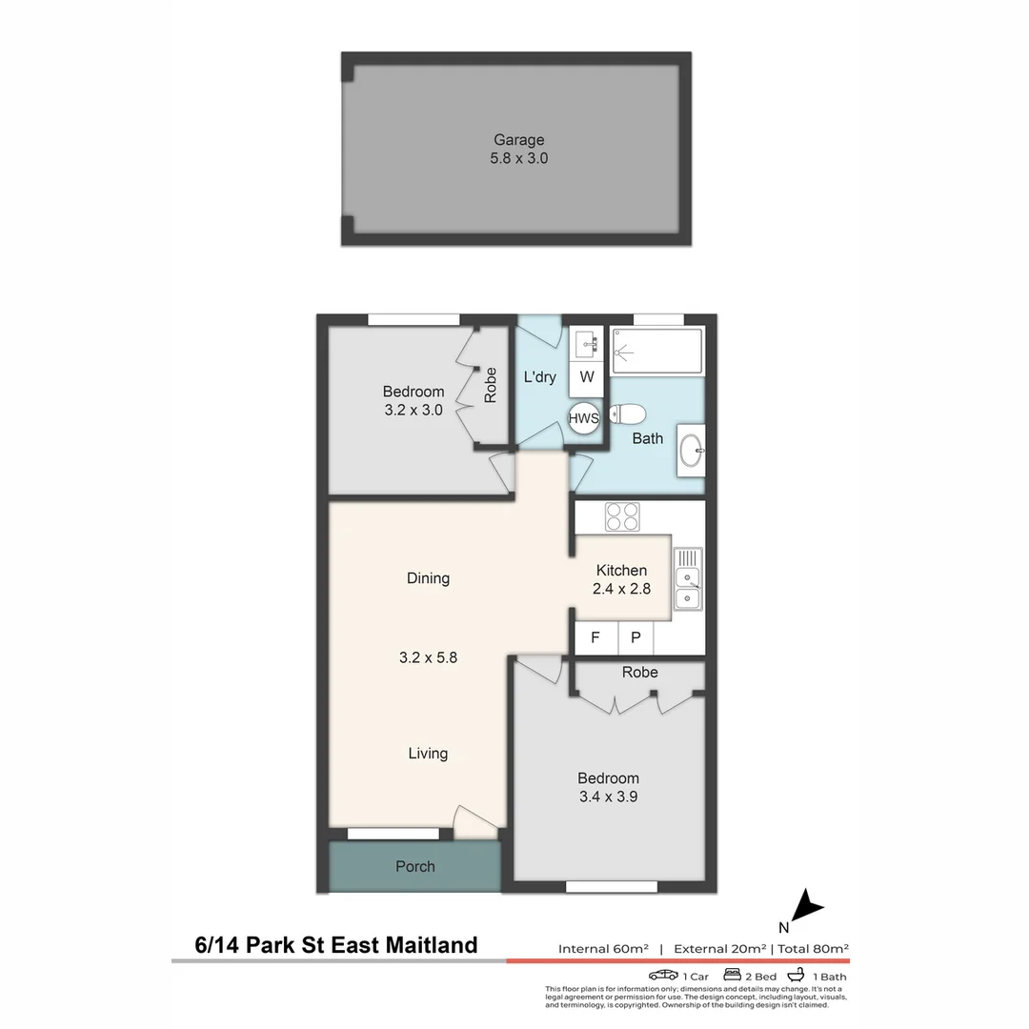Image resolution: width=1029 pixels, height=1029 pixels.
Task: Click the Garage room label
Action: (x=518, y=140)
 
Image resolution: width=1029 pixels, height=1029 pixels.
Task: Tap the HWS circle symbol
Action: (x=583, y=417)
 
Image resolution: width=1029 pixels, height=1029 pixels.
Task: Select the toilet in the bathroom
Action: (x=629, y=414)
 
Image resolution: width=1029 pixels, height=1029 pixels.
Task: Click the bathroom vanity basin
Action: (x=693, y=450)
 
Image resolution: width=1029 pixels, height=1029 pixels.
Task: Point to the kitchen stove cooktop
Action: (x=622, y=516)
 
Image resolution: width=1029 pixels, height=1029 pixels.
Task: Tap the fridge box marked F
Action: (x=595, y=637)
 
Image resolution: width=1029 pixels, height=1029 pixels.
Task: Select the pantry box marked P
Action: (x=636, y=637)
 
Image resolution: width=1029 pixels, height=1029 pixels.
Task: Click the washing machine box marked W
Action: (x=587, y=377)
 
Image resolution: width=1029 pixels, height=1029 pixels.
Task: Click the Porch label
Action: (x=414, y=866)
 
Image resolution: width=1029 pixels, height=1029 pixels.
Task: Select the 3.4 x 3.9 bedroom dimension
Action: (x=608, y=797)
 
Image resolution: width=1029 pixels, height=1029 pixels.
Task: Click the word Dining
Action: (x=428, y=578)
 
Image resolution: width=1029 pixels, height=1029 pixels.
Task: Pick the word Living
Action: (x=428, y=754)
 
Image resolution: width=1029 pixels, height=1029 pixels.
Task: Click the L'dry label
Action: (x=540, y=377)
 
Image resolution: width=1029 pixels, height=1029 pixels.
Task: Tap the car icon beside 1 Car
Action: (x=663, y=976)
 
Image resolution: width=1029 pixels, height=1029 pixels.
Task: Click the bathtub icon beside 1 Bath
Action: (x=796, y=976)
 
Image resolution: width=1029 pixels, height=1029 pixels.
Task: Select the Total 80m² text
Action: (x=814, y=948)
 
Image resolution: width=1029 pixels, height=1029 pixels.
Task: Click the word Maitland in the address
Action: (x=430, y=945)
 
